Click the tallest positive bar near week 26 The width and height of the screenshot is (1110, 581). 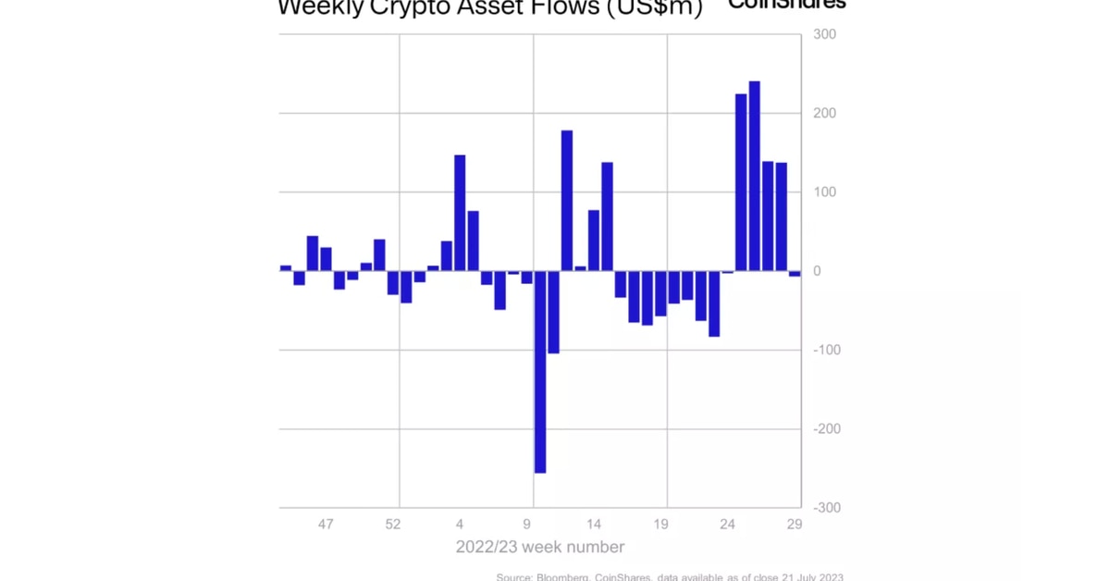point(754,176)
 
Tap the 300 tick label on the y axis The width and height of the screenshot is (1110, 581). point(824,35)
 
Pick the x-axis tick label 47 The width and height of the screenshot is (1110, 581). point(326,525)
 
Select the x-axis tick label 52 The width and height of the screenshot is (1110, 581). point(393,525)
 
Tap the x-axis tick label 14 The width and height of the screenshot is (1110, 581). point(594,525)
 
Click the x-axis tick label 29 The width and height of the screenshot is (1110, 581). point(794,525)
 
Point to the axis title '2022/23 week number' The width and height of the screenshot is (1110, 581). point(539,547)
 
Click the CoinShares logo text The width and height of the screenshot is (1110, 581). point(786,5)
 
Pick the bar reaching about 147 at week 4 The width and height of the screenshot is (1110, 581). point(460,213)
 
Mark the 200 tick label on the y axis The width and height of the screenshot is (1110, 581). point(824,114)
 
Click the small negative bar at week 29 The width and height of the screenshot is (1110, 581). point(795,274)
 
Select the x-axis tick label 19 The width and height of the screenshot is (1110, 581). point(660,525)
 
